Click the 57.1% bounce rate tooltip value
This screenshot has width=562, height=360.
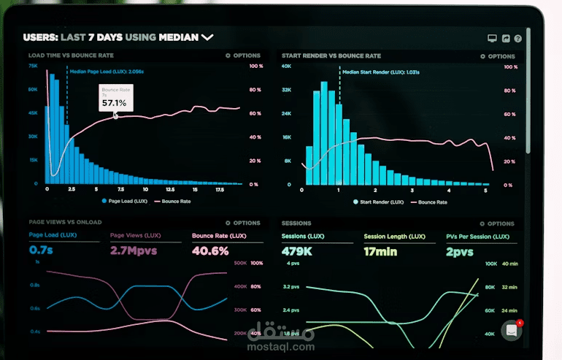click(x=114, y=103)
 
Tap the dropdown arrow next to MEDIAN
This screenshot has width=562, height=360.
click(x=207, y=37)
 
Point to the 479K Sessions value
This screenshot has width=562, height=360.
click(x=298, y=251)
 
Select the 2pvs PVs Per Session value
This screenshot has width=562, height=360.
click(x=460, y=251)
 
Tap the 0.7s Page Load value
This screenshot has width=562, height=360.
click(x=40, y=250)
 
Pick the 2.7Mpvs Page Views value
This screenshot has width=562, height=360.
click(x=133, y=250)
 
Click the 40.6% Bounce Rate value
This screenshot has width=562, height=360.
click(x=210, y=250)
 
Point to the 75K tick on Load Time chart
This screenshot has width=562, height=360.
click(x=33, y=66)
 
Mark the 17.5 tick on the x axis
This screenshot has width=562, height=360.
click(x=220, y=189)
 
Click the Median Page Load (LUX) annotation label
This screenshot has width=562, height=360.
click(x=106, y=72)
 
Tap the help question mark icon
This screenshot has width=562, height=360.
click(x=517, y=38)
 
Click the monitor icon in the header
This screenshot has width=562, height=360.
click(x=492, y=38)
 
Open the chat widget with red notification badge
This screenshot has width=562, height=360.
click(x=512, y=331)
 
